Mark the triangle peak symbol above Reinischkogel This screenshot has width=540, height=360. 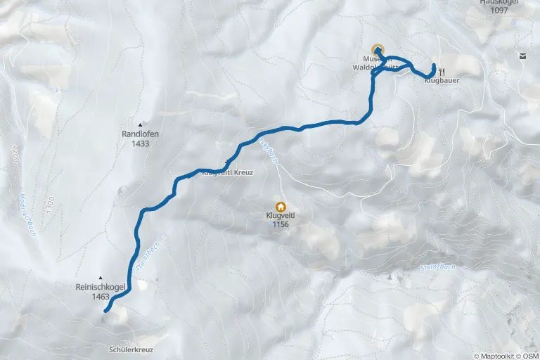[x=101, y=277]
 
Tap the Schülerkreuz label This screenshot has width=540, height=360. [x=131, y=349]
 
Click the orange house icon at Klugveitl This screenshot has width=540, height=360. [x=281, y=206]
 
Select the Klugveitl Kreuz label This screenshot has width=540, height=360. [x=227, y=172]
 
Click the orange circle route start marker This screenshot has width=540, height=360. [x=378, y=50]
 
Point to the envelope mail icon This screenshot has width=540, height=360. [x=522, y=55]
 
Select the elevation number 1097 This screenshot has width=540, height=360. [x=499, y=11]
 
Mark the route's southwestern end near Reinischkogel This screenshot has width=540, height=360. [x=105, y=310]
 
